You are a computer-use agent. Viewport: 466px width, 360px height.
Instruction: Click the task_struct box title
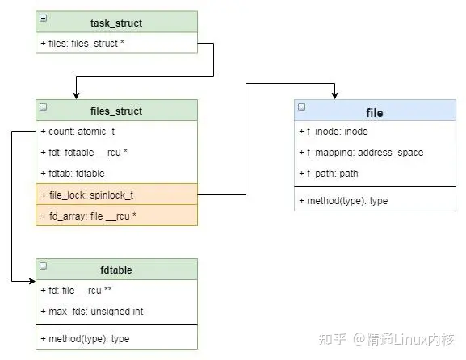pos(116,22)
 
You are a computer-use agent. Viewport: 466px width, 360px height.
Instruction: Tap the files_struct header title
pos(116,111)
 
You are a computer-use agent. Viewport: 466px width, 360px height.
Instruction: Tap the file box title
pos(374,111)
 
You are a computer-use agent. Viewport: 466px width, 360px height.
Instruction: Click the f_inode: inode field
pos(333,132)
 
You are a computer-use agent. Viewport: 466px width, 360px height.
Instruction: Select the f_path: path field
pos(328,174)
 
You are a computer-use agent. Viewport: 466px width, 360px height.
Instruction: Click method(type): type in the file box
pos(343,200)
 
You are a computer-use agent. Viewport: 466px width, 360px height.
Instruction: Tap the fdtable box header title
pos(116,270)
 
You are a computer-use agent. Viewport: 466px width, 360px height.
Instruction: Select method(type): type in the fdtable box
pos(84,338)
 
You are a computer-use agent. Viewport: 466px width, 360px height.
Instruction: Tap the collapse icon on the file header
pos(301,107)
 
